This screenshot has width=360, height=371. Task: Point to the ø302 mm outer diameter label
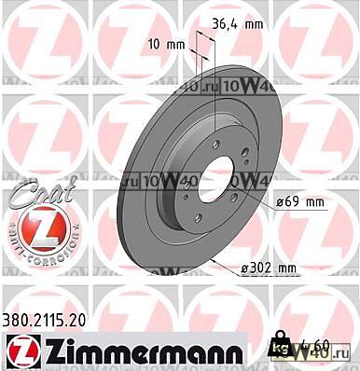[268, 268]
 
